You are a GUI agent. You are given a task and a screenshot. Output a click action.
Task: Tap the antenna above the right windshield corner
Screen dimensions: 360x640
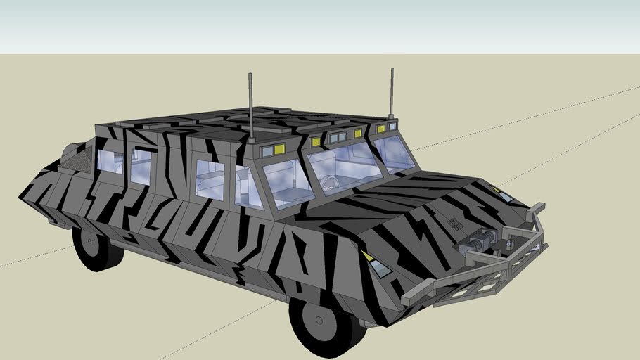tap(392, 91)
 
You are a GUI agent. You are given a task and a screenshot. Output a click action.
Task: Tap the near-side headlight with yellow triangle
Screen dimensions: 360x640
tap(376, 264)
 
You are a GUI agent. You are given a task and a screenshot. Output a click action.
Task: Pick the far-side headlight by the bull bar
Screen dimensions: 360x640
tap(500, 191)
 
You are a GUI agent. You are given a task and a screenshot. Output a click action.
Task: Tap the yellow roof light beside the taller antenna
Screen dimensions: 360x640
tap(279, 148)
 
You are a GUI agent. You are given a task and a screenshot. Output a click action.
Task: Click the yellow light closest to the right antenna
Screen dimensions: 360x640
tap(380, 129)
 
